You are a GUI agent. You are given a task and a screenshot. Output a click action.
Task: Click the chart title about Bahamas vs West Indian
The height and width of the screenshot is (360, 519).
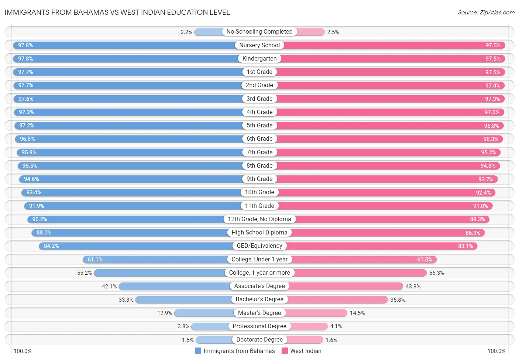tap(117, 12)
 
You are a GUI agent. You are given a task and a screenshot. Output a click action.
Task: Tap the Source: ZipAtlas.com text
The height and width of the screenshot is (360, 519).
tap(486, 13)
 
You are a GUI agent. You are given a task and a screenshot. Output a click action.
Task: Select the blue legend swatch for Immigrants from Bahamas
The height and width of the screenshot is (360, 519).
tap(198, 351)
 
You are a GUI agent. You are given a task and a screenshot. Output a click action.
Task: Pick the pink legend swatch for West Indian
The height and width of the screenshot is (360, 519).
tap(285, 351)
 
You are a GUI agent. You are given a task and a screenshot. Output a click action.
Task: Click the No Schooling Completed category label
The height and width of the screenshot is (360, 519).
tap(259, 32)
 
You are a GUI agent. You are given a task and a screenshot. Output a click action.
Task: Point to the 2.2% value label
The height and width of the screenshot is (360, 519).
tap(186, 32)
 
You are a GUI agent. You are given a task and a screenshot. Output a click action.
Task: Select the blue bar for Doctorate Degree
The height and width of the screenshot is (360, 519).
tap(214, 340)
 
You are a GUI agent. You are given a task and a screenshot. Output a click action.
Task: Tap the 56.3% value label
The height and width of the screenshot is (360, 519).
tap(436, 273)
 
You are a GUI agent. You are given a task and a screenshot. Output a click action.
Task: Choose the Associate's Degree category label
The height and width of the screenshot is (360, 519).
tap(259, 286)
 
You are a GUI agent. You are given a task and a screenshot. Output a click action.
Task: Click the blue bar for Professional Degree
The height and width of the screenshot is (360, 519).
tap(210, 326)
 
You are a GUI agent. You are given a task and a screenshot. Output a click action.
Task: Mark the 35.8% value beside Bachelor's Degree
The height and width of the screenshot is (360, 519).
tap(398, 300)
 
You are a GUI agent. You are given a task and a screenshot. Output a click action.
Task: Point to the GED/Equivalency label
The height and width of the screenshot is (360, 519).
tap(259, 246)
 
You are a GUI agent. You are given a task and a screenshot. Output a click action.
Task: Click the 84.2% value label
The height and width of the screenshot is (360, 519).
tap(51, 246)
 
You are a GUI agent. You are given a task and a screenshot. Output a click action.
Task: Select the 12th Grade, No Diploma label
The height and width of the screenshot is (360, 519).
tap(259, 219)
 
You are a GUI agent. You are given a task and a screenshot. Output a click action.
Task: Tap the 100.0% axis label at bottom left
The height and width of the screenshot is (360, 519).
tap(23, 351)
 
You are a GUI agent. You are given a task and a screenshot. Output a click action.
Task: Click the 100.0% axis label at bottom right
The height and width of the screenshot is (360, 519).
tap(496, 351)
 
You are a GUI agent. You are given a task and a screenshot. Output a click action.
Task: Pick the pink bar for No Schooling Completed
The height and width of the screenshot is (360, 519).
tap(310, 32)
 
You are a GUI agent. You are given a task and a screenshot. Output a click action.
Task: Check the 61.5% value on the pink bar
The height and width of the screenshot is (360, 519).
tap(425, 260)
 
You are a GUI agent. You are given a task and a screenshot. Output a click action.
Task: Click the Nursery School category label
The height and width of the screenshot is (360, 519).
tap(259, 45)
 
